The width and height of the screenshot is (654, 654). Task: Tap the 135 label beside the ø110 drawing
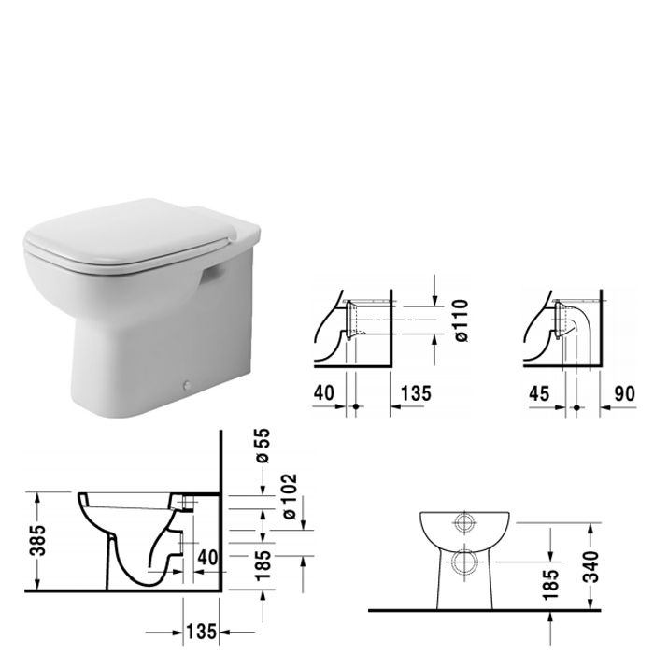417,393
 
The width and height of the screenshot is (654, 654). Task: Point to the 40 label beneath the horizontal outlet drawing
323,393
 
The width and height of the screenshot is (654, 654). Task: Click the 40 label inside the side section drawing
207,557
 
